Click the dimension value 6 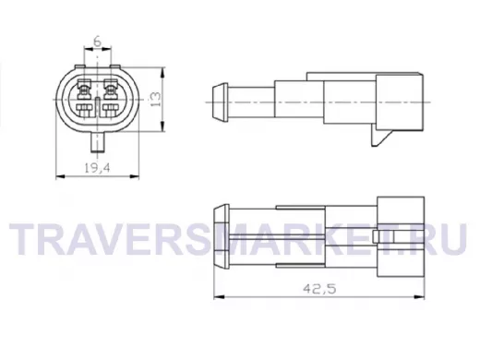[97, 42]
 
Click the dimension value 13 [156, 99]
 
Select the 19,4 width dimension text [97, 168]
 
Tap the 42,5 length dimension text [319, 289]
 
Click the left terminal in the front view [84, 98]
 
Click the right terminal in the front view [111, 98]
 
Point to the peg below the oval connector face [98, 142]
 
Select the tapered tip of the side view [220, 102]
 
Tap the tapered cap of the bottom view [222, 235]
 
